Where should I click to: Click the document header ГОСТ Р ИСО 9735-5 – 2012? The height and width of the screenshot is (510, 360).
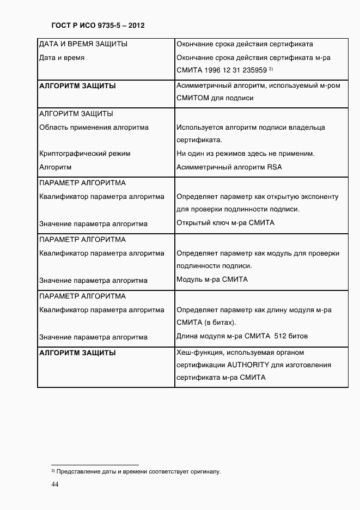click(x=98, y=25)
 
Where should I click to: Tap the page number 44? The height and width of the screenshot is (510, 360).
click(x=54, y=484)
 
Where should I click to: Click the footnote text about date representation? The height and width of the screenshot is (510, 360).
click(x=136, y=471)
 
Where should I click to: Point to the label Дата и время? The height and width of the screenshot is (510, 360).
click(x=62, y=57)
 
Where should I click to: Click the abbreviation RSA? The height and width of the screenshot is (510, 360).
click(x=274, y=167)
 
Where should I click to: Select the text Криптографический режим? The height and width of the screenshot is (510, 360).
click(x=85, y=154)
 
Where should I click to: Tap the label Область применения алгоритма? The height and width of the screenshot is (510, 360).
click(x=94, y=127)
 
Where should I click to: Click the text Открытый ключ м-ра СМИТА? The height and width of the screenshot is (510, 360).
click(x=225, y=222)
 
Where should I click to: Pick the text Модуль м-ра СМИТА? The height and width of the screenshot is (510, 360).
click(x=212, y=279)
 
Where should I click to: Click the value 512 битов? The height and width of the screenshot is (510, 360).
click(x=294, y=336)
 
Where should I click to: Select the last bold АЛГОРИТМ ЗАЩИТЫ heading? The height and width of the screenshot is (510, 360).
click(x=78, y=353)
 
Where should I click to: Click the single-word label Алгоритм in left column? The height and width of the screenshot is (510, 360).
click(x=56, y=167)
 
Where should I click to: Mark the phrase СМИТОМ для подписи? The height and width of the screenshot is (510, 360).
click(x=215, y=98)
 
